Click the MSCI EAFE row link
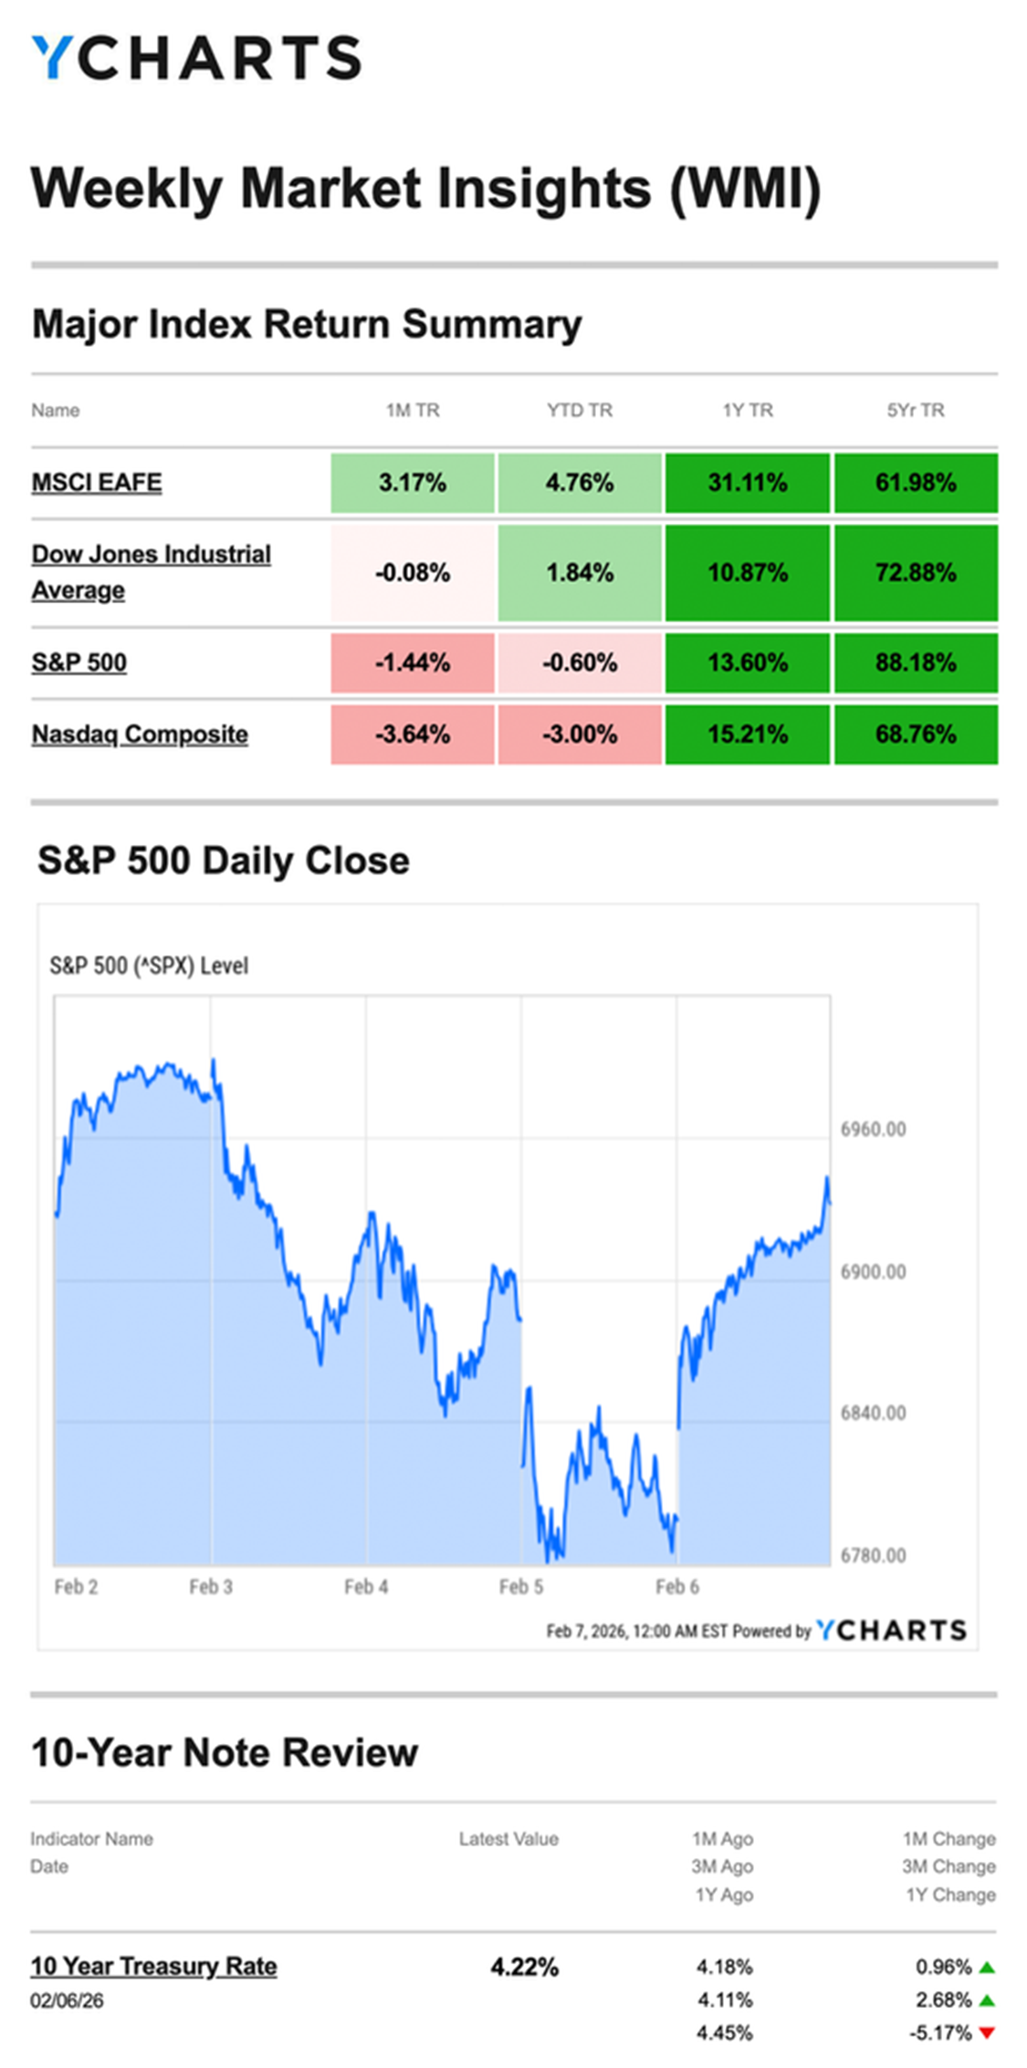pyautogui.click(x=97, y=482)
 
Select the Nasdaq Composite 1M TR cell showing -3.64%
pyautogui.click(x=413, y=734)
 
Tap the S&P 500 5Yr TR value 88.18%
pyautogui.click(x=916, y=662)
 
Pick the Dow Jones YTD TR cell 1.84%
pyautogui.click(x=580, y=572)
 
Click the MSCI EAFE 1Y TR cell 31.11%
pyautogui.click(x=748, y=482)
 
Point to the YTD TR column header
pyautogui.click(x=580, y=410)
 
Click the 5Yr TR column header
pyautogui.click(x=916, y=410)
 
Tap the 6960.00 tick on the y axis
pyautogui.click(x=874, y=1129)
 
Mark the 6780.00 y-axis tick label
pyautogui.click(x=874, y=1555)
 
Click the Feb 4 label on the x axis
pyautogui.click(x=366, y=1587)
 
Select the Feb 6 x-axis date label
pyautogui.click(x=677, y=1587)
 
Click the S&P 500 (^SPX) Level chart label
pyautogui.click(x=149, y=966)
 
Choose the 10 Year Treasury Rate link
pyautogui.click(x=153, y=1966)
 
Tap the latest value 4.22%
pyautogui.click(x=524, y=1967)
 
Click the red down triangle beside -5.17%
pyautogui.click(x=986, y=2032)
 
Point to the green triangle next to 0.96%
pyautogui.click(x=986, y=1968)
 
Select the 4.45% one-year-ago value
pyautogui.click(x=725, y=2032)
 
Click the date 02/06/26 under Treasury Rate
pyautogui.click(x=67, y=2000)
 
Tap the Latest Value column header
pyautogui.click(x=508, y=1839)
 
